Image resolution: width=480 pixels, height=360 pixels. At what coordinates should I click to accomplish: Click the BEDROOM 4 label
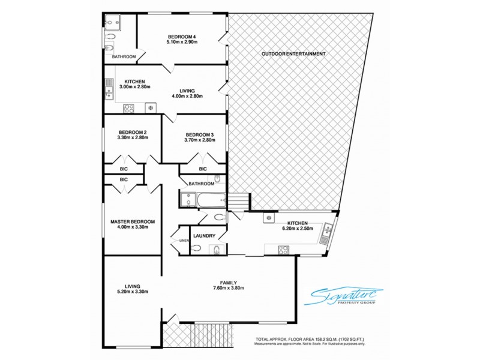182,37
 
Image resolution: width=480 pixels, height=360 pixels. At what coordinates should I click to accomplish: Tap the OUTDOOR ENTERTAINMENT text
293,54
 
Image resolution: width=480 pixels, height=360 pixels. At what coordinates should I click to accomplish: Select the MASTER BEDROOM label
133,221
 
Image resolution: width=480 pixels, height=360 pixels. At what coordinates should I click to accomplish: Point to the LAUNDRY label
205,236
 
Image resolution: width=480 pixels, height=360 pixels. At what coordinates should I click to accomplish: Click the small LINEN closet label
184,241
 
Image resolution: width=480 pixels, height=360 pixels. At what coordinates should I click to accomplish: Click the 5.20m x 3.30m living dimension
132,292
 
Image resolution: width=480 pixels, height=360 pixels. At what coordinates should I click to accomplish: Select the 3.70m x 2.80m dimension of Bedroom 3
200,140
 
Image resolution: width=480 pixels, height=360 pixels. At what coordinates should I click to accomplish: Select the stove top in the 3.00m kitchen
128,108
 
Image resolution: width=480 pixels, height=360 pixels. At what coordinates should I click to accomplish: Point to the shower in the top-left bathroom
112,23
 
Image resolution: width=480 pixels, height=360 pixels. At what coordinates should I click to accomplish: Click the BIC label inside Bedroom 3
203,169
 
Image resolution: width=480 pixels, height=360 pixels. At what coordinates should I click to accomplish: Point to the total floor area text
311,339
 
